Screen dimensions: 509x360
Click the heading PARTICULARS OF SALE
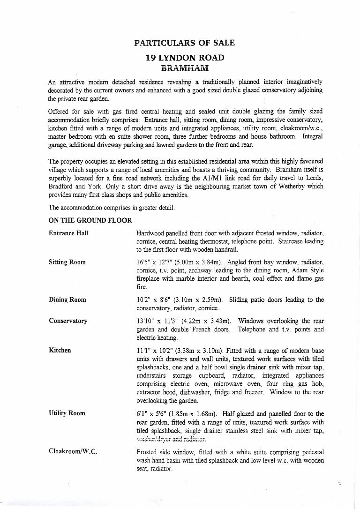click(x=184, y=43)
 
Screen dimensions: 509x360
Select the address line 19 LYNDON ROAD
click(x=185, y=58)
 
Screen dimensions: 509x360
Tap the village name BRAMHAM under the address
click(x=184, y=68)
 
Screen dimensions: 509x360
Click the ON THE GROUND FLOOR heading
click(x=90, y=220)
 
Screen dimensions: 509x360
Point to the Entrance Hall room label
click(x=68, y=233)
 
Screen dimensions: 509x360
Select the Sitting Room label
click(x=67, y=262)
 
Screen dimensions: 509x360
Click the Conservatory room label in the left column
click(x=68, y=321)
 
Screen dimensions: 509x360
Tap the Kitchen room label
click(x=60, y=350)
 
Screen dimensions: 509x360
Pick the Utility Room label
click(x=67, y=413)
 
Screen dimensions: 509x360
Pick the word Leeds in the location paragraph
click(x=313, y=178)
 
